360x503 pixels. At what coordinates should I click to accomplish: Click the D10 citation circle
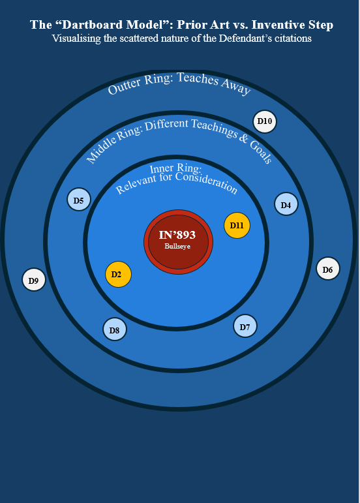tap(265, 121)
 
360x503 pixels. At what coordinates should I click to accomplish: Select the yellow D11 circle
tap(237, 225)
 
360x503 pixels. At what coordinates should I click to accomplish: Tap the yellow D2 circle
tap(118, 274)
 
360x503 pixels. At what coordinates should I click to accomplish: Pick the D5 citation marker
tap(79, 199)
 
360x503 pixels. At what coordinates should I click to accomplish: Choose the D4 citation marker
tap(286, 204)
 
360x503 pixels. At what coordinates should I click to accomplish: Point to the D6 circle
tap(328, 269)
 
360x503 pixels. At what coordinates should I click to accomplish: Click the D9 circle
tap(34, 279)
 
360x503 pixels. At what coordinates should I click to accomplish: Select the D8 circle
tap(115, 329)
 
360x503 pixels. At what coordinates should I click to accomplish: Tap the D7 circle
tap(245, 326)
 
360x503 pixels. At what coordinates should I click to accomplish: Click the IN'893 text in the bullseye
tap(177, 235)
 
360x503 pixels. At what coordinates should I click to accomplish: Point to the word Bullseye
tap(177, 247)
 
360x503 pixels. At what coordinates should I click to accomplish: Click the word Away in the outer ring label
tap(235, 85)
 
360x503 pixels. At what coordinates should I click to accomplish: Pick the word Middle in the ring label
tap(100, 149)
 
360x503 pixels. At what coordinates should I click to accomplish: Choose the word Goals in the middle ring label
tap(261, 152)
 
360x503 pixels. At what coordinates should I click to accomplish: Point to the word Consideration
tap(207, 183)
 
